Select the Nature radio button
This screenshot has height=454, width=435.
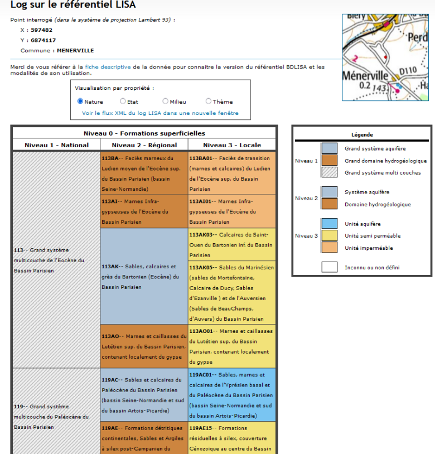coord(80,102)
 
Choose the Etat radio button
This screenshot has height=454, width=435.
coord(123,102)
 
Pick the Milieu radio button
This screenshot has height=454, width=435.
coord(166,102)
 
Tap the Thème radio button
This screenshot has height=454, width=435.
coord(209,102)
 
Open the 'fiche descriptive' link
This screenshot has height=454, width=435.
coord(108,67)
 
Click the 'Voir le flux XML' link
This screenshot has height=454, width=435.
coord(160,113)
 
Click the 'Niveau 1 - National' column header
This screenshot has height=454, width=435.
coord(56,145)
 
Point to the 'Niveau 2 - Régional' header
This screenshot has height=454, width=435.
coord(144,145)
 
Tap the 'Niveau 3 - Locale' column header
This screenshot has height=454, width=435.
coord(232,145)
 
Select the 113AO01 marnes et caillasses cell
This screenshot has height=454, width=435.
coord(232,346)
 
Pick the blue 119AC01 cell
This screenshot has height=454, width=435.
coord(232,394)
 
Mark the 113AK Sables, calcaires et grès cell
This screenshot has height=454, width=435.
coord(144,276)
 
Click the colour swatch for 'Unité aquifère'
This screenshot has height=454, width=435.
coord(329,224)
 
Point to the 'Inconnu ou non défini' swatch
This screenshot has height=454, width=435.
coord(329,267)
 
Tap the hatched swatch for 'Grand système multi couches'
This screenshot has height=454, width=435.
coord(329,173)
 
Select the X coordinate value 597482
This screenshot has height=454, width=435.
coord(42,30)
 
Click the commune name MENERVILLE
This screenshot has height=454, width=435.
coord(75,51)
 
